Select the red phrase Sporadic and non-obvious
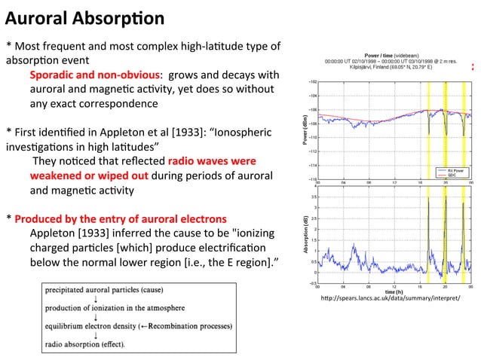(95, 75)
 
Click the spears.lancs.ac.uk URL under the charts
(390, 298)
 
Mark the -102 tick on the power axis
(312, 81)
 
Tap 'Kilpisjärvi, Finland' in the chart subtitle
(369, 67)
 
